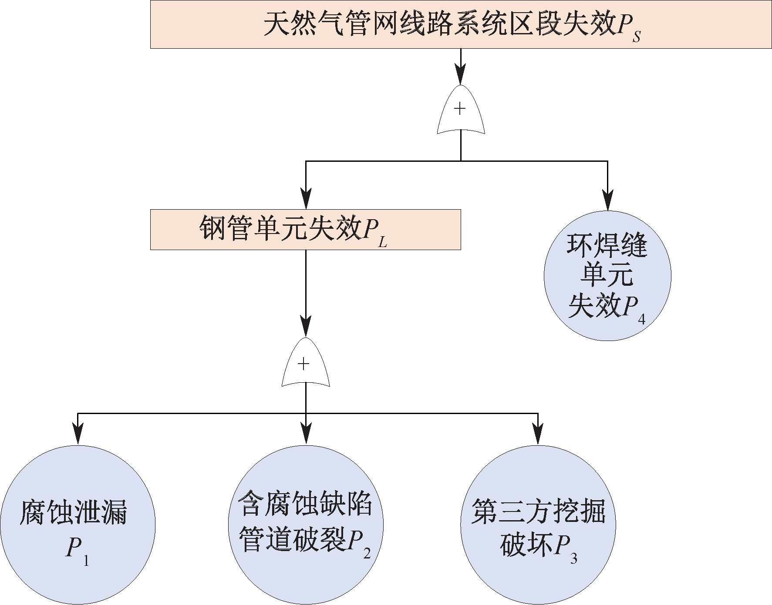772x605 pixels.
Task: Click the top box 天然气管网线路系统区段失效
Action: coord(461,24)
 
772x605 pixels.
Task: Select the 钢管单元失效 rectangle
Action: coord(305,230)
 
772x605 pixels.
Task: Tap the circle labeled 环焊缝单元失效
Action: coord(607,276)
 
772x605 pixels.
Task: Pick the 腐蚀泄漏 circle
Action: coord(78,525)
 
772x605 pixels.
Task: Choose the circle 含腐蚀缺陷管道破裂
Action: coord(306,525)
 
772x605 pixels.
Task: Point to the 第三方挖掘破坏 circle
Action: coord(538,525)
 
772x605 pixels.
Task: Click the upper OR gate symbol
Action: coord(461,111)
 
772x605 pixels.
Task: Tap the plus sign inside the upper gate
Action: coord(460,108)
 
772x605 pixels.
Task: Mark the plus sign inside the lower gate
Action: coord(303,364)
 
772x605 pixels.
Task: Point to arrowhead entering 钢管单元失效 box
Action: coord(306,199)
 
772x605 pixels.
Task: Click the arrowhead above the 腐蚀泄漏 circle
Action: coord(78,434)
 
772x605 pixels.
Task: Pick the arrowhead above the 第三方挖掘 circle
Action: coord(538,434)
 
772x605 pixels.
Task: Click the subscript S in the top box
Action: coord(637,37)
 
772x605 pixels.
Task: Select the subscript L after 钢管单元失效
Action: coord(383,242)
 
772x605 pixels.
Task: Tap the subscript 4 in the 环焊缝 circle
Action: coord(641,320)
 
